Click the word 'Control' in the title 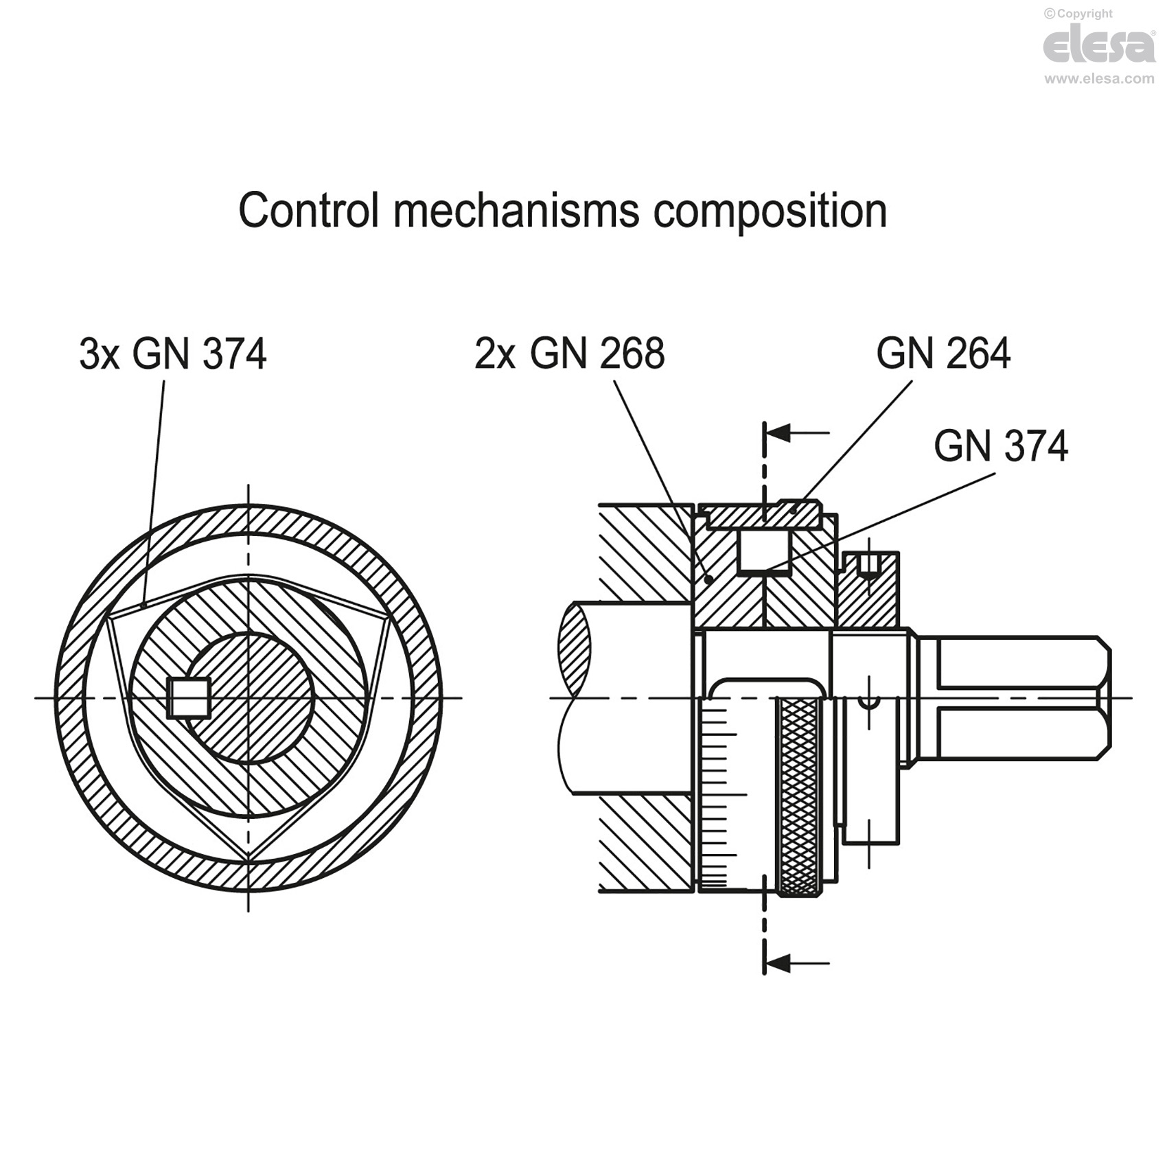click(309, 210)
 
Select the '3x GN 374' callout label click(173, 354)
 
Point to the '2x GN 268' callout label click(570, 354)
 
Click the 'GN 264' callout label click(943, 354)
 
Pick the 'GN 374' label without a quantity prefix click(1001, 446)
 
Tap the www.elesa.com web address click(1099, 79)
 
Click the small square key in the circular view click(189, 698)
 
